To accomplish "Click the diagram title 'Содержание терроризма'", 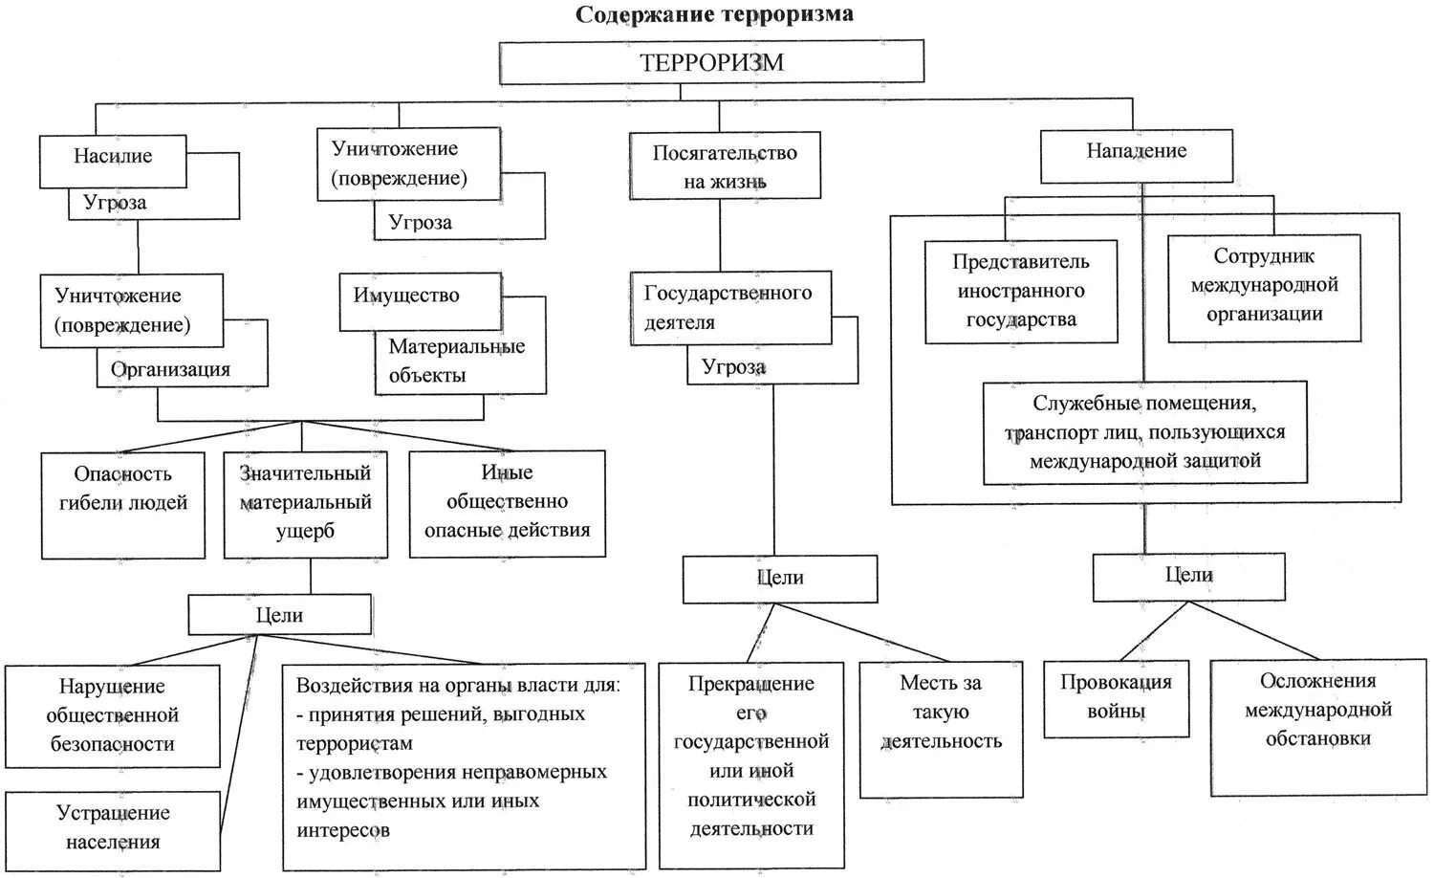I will (713, 14).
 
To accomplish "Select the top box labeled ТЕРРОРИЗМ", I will (712, 62).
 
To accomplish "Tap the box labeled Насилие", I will (113, 157).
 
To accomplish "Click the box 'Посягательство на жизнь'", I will (725, 166).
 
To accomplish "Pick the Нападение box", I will (1136, 152).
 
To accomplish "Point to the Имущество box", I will (407, 296).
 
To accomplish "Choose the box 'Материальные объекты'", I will (457, 362).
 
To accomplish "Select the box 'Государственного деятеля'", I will (728, 308).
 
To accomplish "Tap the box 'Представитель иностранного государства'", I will (1021, 291).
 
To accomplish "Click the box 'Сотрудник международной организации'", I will (1264, 285).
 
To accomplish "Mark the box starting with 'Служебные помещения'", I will (1144, 432).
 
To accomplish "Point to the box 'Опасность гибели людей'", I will (123, 503).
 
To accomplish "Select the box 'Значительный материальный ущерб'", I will (305, 503).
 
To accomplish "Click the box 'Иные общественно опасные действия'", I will (507, 503).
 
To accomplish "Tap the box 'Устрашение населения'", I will (113, 828).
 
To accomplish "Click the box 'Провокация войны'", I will (1116, 698).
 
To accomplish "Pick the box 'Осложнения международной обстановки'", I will (1318, 711).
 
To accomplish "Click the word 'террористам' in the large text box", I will (355, 743).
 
